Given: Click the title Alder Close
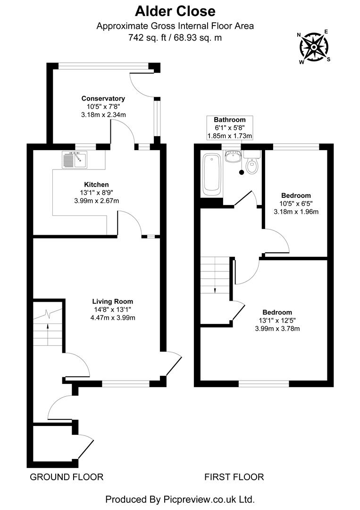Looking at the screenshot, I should point(175,11).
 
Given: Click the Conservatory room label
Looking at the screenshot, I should point(103,98).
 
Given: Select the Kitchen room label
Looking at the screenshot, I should point(96,184).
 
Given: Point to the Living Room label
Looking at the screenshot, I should point(112,301).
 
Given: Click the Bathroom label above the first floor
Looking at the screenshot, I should point(230,119).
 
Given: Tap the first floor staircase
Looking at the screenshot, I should point(215,279).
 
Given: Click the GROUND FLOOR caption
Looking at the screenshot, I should point(67,477).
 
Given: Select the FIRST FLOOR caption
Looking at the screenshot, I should point(234,477).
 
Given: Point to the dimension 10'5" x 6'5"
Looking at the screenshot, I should point(296,204).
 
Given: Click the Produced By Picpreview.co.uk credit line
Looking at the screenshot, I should point(180,499).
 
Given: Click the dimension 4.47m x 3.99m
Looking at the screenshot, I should point(112,317).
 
